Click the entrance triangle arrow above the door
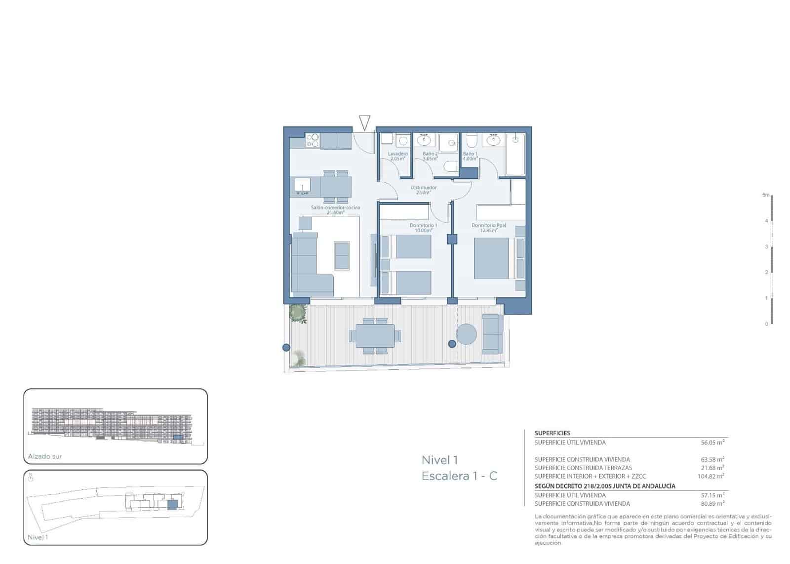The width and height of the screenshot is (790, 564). coord(364,122)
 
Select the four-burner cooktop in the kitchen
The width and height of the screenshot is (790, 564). coord(312,141)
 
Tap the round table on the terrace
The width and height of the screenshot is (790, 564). coord(466,334)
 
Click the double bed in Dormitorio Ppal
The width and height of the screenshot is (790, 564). coord(494,259)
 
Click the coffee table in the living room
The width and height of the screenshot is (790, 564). coord(342,255)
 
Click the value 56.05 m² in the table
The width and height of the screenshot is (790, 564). coord(711,443)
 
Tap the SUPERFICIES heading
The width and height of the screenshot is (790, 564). coord(552,433)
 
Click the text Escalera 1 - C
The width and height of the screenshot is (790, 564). coord(459,476)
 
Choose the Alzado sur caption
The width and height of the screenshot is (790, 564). coord(45,457)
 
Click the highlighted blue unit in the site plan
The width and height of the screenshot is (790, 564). coord(172,504)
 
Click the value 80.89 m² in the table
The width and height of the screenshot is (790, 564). coord(711,504)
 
